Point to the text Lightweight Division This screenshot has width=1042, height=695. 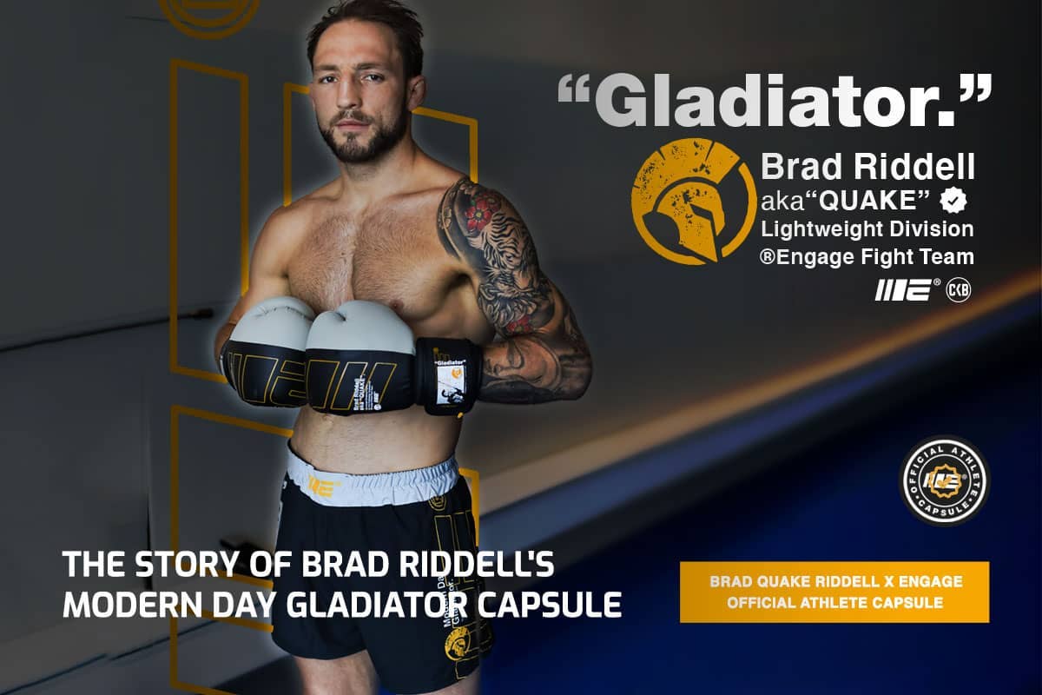867,228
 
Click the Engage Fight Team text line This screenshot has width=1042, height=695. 867,256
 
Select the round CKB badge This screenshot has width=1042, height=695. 958,290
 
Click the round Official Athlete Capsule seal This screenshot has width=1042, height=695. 945,480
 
